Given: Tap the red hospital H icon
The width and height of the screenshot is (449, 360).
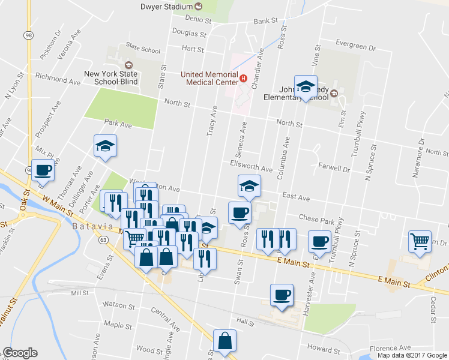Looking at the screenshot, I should click(243, 77).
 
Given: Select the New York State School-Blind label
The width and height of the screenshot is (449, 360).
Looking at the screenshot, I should click(111, 77).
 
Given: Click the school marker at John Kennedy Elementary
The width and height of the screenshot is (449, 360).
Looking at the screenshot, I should click(305, 86).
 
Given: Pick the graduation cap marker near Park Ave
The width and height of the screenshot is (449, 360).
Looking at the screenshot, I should click(105, 146).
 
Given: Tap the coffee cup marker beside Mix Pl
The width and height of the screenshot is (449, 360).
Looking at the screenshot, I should click(43, 171).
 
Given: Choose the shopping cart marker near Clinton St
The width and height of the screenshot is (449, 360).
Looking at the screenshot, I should click(420, 241).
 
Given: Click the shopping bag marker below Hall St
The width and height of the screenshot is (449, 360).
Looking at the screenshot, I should click(224, 341).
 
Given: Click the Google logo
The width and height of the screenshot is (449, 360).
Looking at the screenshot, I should click(20, 353).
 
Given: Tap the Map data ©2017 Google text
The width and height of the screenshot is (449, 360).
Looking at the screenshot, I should click(412, 355).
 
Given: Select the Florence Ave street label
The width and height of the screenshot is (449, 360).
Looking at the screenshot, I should click(390, 347).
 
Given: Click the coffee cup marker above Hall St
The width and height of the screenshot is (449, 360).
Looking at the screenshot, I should click(282, 295).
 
